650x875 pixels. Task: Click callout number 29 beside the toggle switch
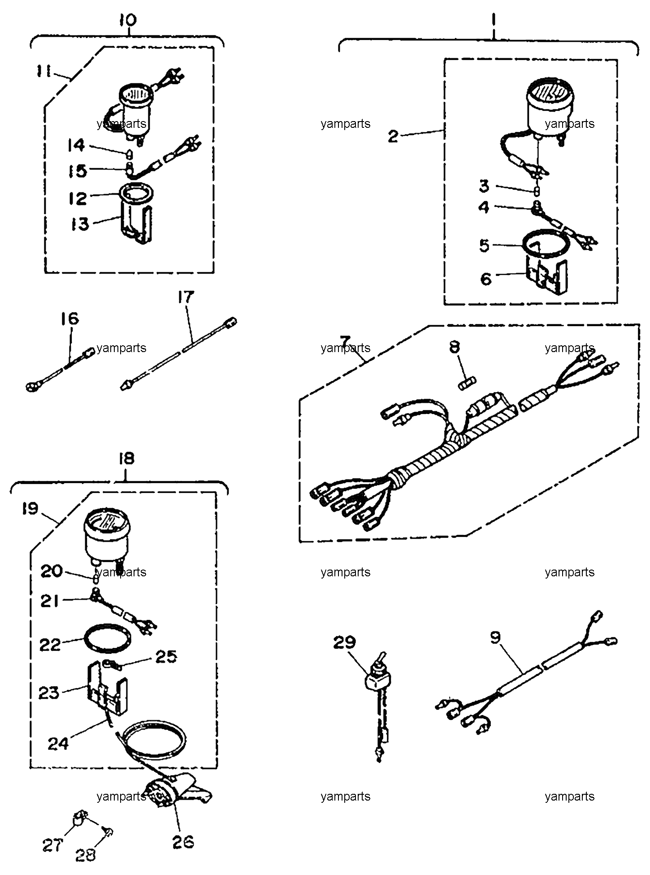click(344, 642)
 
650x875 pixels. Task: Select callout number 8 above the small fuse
click(455, 347)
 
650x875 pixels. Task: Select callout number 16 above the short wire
click(70, 319)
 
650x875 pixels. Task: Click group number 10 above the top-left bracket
click(128, 20)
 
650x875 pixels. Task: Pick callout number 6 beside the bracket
click(486, 279)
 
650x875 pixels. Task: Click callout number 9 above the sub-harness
click(495, 637)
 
